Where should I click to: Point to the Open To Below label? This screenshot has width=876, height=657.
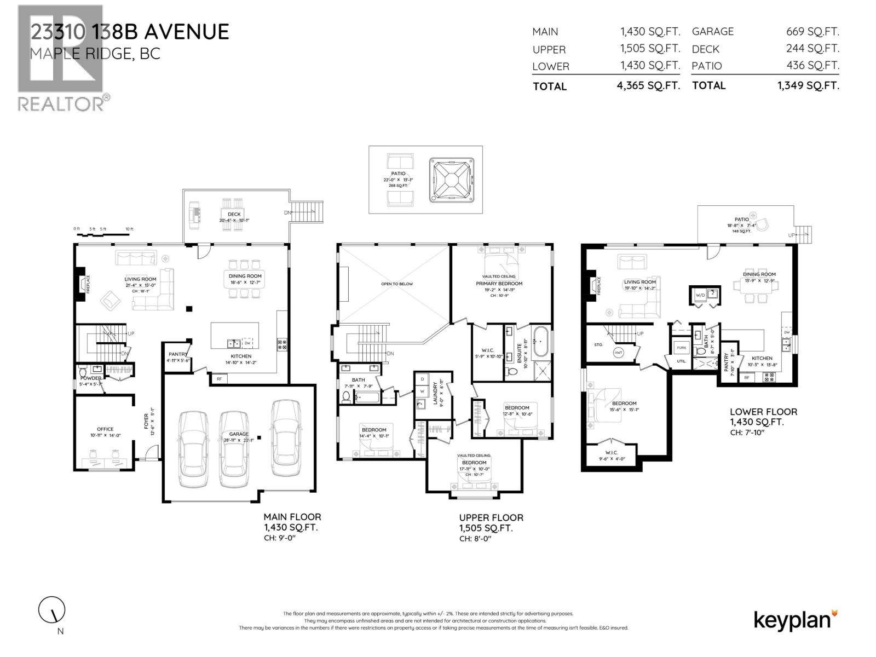coord(397,284)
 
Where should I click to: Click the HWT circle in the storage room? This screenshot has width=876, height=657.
coord(619,352)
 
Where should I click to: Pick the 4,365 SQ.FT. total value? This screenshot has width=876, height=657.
coord(648,86)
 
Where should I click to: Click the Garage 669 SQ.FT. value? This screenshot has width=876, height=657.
coord(812,32)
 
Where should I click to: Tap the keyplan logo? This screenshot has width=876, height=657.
coord(796,620)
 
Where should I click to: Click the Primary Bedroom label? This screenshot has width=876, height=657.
coord(499,284)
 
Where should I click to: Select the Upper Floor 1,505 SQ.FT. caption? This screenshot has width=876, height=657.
coord(491,523)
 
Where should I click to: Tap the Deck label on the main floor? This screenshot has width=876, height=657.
coord(234,214)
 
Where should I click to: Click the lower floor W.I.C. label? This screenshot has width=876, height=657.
coord(612,453)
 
